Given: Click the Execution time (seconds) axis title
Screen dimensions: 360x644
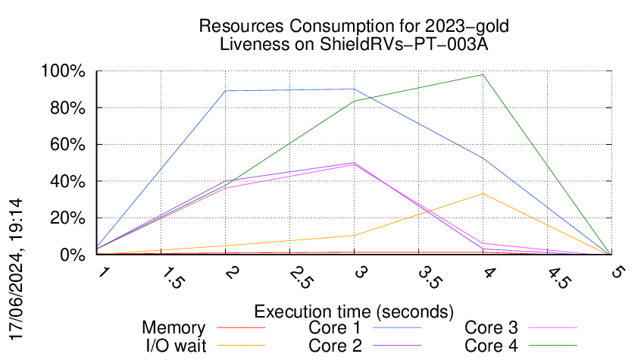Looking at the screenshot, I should point(354,311).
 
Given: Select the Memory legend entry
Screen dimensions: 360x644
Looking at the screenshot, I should point(174,328).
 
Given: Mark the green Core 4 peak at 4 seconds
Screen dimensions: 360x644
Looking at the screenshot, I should point(483,74).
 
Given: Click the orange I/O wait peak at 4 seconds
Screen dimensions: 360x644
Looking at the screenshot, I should point(483,193).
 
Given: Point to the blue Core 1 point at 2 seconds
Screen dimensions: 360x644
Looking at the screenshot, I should point(226,91).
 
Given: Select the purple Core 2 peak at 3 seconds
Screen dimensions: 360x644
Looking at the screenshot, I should point(354,163).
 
